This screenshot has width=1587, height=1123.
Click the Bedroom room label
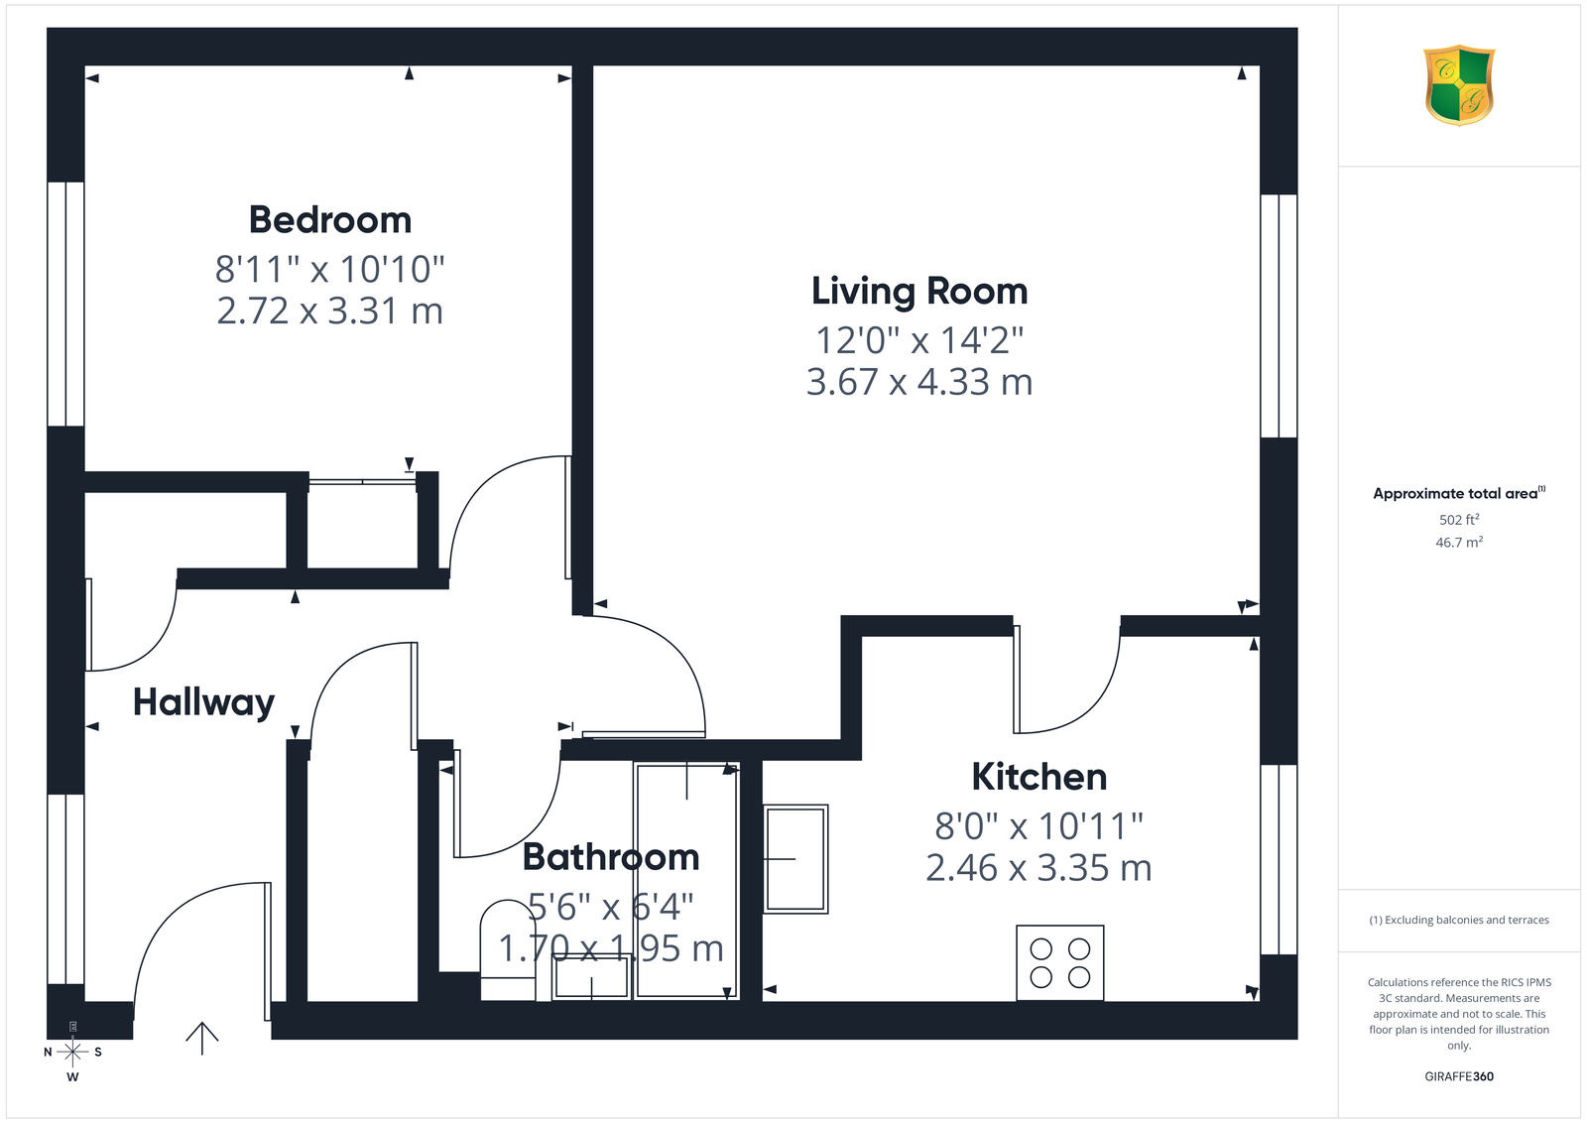click(330, 219)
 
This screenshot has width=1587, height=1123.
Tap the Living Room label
click(919, 292)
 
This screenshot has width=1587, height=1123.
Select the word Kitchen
click(1039, 777)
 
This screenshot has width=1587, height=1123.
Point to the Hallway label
click(204, 702)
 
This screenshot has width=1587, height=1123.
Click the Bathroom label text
click(611, 856)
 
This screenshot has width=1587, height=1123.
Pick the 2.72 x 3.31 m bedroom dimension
click(330, 312)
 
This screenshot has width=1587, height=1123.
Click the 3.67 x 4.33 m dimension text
click(919, 382)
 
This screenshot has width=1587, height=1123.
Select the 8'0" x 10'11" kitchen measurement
click(1039, 826)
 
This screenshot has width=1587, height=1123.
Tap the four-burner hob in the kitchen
click(1060, 963)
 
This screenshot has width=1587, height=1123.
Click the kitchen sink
click(795, 859)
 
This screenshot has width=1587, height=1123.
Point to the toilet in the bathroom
click(508, 950)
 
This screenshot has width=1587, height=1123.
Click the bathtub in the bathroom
click(686, 881)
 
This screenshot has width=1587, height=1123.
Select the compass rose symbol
click(72, 1052)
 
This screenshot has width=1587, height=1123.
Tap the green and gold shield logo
click(1459, 85)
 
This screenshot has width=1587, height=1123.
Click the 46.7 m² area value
click(1459, 542)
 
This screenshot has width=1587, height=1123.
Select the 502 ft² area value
click(1459, 520)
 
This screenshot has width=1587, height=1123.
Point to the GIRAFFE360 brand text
click(1459, 1076)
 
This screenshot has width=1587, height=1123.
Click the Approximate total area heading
click(1459, 493)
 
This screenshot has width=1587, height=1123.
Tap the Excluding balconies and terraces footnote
click(1459, 920)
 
